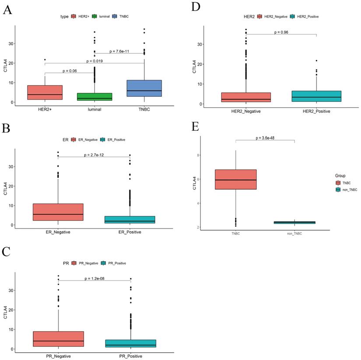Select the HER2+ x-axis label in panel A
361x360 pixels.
tap(45, 109)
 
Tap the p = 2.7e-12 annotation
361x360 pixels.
tap(95, 154)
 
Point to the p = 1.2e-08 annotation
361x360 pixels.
tap(95, 278)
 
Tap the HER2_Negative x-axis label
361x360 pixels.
tap(246, 112)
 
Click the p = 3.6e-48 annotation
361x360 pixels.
tap(265, 138)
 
